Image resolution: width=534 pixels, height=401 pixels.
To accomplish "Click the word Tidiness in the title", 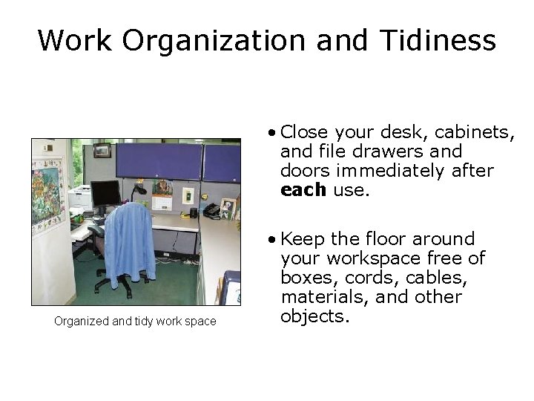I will coord(443,40).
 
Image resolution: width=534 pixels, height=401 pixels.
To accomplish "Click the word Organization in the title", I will coord(214,40).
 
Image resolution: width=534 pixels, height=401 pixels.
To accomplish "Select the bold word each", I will coord(303,190).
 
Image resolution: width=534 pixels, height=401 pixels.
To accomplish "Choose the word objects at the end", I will coord(314,316).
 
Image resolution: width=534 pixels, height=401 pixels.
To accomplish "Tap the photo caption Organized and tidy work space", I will coord(135,322).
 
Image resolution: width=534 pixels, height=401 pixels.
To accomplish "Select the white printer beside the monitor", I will coord(79,198).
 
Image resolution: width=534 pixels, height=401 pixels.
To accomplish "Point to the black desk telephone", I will coord(211,210).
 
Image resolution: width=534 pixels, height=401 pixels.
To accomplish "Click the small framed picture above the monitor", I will coord(102,151).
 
